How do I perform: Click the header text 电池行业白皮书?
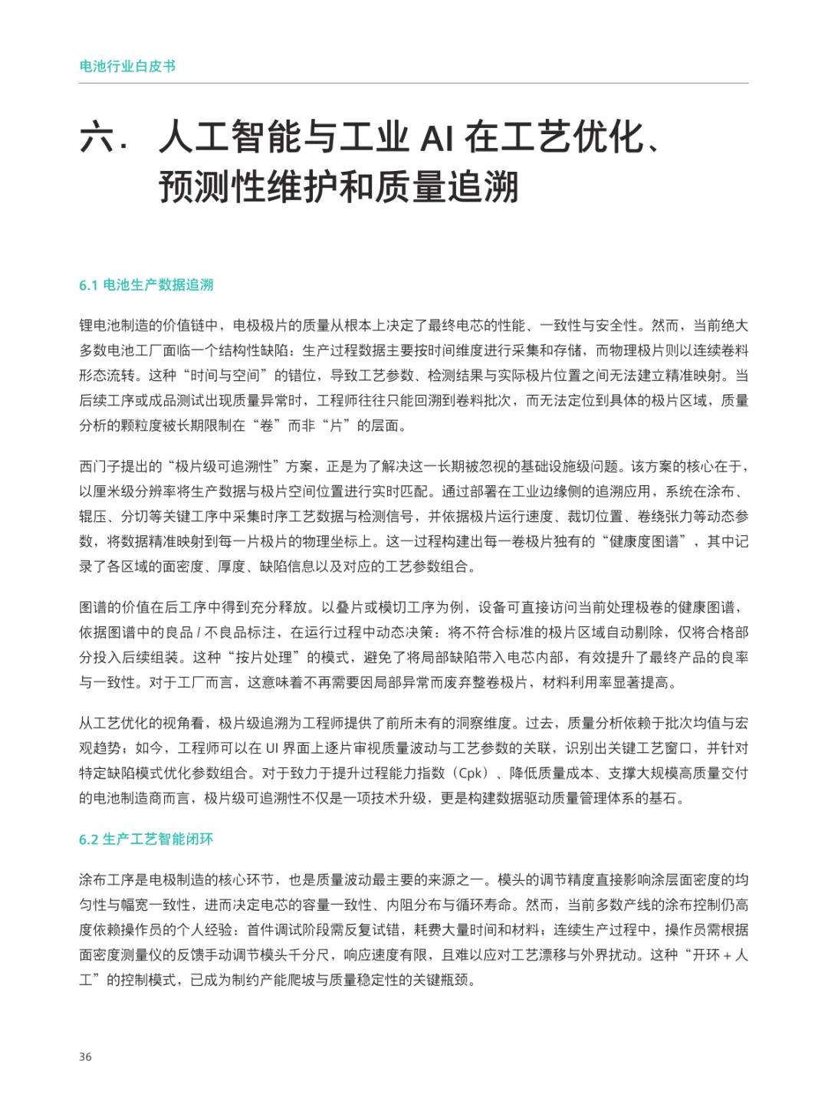coord(127,67)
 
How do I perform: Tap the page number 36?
coord(85,1056)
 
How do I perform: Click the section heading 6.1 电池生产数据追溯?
coord(146,285)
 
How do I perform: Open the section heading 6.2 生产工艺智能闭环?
coord(146,839)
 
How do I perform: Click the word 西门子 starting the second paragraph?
coord(100,467)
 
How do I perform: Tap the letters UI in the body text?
coord(272,748)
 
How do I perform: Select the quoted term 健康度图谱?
coord(644,542)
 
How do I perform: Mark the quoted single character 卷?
coord(266,426)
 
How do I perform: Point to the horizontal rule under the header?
coord(414,83)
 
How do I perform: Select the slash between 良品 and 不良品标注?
coord(199,632)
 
